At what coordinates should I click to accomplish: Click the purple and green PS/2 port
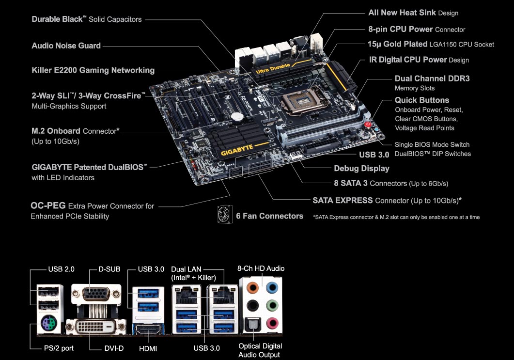coord(49,324)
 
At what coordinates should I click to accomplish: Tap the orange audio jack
coord(252,288)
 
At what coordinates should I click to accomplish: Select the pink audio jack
coord(272,323)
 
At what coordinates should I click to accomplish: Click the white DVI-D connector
coord(96,327)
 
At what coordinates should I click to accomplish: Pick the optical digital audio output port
coord(253,325)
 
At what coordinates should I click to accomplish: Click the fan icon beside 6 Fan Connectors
coord(225,215)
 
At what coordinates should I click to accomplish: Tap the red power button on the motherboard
coord(368,125)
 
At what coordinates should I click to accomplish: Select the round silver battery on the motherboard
coord(237,116)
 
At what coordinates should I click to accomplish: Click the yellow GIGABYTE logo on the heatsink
coord(237,150)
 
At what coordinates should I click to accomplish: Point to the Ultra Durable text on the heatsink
coord(273,69)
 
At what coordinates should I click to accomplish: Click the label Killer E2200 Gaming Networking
coord(93,70)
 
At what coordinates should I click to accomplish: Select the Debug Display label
coord(361,169)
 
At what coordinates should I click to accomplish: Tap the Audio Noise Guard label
coord(66,46)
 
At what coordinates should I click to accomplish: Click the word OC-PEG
coord(48,205)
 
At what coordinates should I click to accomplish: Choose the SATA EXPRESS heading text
coord(343,200)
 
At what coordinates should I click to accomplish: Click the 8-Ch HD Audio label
coord(261,268)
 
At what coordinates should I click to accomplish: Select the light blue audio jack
coord(272,288)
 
